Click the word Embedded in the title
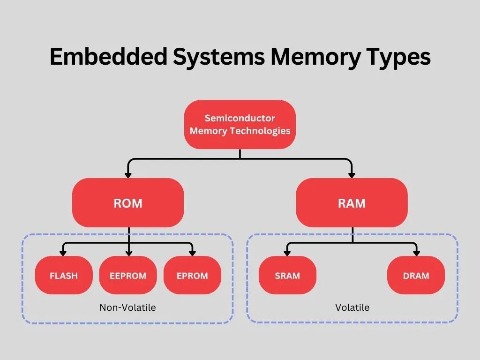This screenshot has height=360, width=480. pos(109,57)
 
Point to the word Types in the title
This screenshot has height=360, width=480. pos(399,57)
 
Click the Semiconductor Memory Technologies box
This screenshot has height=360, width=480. pos(240,125)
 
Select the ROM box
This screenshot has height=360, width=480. pos(128,203)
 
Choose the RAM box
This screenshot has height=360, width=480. pos(352,203)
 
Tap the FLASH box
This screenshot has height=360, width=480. pos(64,276)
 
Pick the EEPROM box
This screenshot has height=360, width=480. pos(128,276)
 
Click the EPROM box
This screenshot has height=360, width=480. pos(192,276)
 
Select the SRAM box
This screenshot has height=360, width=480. pos(287,276)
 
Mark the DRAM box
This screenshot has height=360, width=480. pos(416,276)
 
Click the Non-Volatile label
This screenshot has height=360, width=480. pos(127,307)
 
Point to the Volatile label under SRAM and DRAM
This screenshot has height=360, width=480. pos(352,307)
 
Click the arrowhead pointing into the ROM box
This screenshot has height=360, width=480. pos(128,175)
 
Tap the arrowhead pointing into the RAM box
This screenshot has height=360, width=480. pos(352,175)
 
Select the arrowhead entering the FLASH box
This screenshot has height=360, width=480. pos(64,253)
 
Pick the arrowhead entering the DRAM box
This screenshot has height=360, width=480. pos(416,253)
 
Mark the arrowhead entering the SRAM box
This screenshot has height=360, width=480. pos(287,253)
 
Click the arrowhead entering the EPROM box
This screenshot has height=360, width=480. pos(192,253)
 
